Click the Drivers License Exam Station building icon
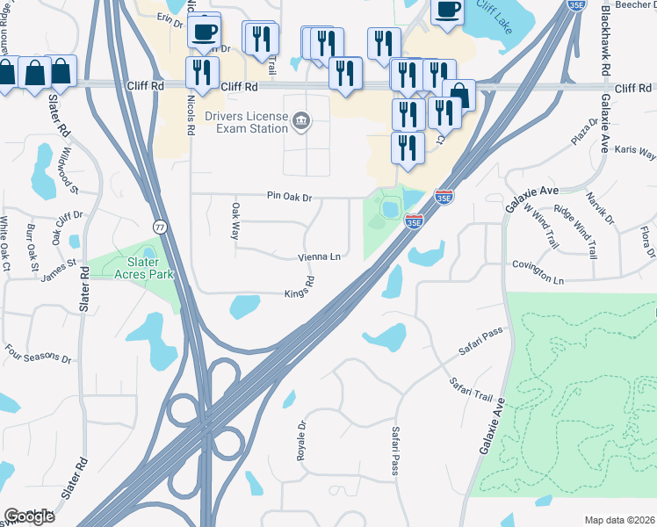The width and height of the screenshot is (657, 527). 301,119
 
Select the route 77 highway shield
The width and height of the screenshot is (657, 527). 160,227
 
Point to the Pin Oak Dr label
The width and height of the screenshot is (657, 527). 290,199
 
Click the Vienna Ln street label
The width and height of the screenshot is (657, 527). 319,257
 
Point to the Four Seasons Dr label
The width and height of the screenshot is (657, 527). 37,358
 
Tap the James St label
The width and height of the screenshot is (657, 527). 59,269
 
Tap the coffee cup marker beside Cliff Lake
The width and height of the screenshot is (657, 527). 448,11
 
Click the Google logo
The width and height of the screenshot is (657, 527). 29,516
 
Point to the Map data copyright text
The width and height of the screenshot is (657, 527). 620,520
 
